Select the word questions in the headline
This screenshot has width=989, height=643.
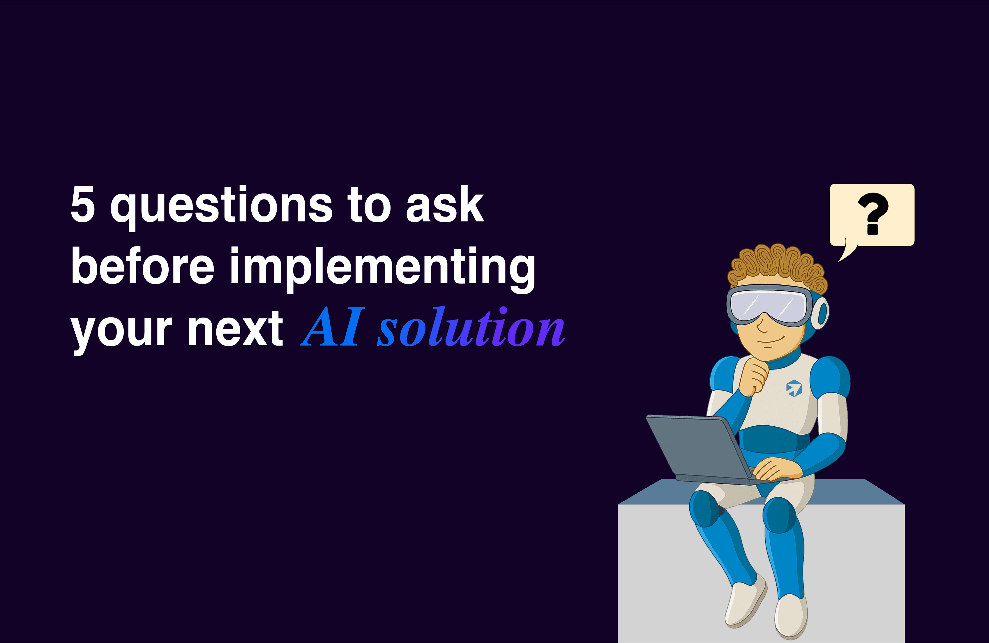pyautogui.click(x=221, y=207)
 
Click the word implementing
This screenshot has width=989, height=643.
pyautogui.click(x=382, y=269)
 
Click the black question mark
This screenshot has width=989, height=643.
pyautogui.click(x=873, y=214)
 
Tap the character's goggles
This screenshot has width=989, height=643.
pyautogui.click(x=769, y=306)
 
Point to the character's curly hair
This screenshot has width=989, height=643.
pyautogui.click(x=777, y=266)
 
